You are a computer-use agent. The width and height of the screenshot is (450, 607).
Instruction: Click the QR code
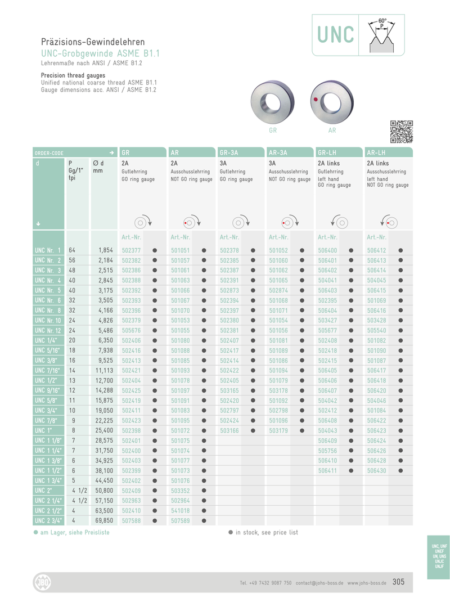pos(402,131)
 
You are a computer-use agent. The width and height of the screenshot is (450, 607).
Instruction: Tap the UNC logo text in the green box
pos(335,35)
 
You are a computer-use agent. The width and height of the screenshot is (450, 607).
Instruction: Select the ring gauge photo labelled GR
pos(273,102)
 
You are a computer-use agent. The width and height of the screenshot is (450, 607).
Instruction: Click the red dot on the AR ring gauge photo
pos(316,99)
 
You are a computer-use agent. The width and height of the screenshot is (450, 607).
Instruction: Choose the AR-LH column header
pos(376,152)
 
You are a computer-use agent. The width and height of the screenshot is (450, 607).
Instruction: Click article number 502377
pos(131,250)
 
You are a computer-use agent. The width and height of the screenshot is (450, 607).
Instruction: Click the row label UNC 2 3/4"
pos(48,520)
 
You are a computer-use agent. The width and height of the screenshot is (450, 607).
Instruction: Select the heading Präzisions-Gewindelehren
pos(93,42)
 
